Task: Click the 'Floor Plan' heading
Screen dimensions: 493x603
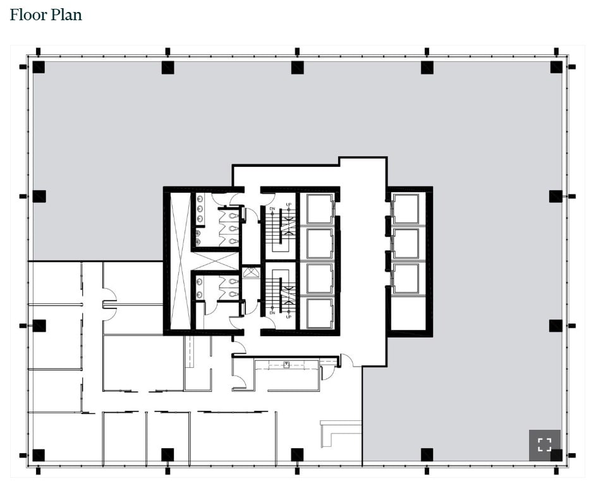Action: (46, 15)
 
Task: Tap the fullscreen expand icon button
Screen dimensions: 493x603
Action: (544, 444)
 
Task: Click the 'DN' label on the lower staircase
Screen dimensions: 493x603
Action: (272, 312)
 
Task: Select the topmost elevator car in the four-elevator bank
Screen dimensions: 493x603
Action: (319, 209)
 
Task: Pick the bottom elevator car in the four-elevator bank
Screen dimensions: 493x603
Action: (319, 313)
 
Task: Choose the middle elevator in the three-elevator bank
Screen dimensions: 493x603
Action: (405, 243)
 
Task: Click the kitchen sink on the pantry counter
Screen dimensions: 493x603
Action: (286, 365)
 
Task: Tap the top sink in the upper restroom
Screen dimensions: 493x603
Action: (200, 198)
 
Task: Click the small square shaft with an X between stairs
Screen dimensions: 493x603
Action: (251, 273)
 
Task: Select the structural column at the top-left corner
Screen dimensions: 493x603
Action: (39, 67)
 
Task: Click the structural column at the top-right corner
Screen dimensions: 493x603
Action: (556, 67)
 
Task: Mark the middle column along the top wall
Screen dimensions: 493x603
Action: (297, 67)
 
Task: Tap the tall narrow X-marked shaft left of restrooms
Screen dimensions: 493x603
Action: (180, 260)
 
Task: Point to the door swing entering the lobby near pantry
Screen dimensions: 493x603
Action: (346, 360)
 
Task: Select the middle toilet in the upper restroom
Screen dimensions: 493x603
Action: (234, 228)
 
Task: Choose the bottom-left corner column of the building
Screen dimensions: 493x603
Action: (39, 455)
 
